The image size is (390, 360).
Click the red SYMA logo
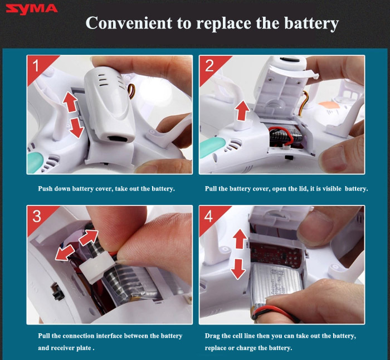click(x=32, y=9)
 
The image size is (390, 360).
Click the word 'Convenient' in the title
click(x=129, y=23)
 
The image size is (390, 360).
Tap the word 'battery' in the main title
click(x=311, y=23)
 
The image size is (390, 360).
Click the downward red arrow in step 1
click(x=76, y=128)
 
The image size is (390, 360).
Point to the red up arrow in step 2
click(x=242, y=111)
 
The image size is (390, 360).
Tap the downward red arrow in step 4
click(x=238, y=269)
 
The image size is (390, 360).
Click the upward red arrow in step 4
click(x=240, y=239)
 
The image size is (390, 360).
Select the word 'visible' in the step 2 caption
click(x=332, y=188)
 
